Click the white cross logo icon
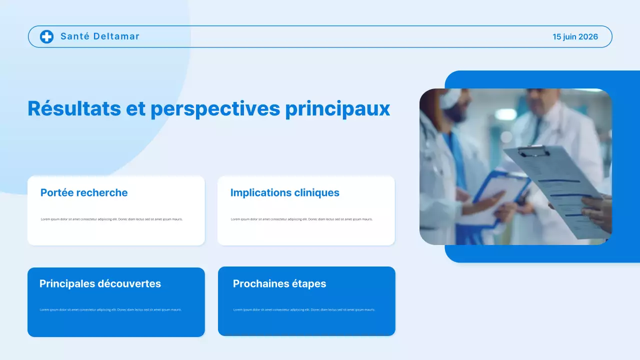[x=46, y=36]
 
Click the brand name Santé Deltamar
[x=99, y=36]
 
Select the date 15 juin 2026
[x=575, y=36]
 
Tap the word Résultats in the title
[x=74, y=108]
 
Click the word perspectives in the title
[x=215, y=108]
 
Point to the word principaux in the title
[x=337, y=108]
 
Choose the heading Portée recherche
[x=84, y=192]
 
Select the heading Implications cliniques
[x=284, y=192]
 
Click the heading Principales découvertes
[x=100, y=283]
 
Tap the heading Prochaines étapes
[x=279, y=283]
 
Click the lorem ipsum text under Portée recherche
[x=111, y=219]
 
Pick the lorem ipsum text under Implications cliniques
[x=301, y=219]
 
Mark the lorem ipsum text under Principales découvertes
[x=110, y=309]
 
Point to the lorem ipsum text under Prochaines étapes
[x=304, y=309]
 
